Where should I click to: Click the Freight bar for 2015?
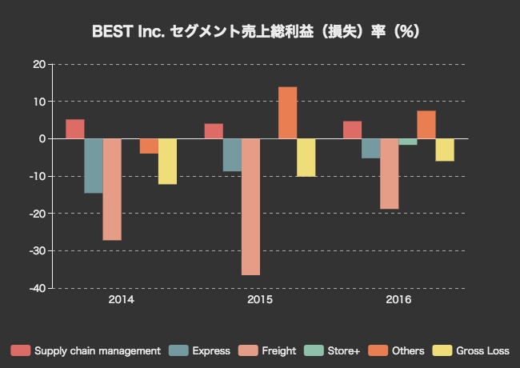click(250, 206)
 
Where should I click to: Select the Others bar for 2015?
click(287, 113)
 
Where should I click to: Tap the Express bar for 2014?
click(94, 166)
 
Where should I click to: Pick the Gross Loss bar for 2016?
click(445, 150)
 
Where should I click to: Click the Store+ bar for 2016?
click(408, 142)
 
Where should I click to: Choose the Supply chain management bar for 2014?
click(75, 129)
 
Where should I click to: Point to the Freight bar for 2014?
click(112, 189)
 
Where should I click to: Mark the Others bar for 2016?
click(426, 125)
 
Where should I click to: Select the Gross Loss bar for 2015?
click(306, 157)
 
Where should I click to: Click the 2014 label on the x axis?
click(121, 300)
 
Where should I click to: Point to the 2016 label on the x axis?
click(398, 300)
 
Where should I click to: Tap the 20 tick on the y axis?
click(38, 65)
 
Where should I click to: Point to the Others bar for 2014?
click(149, 146)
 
